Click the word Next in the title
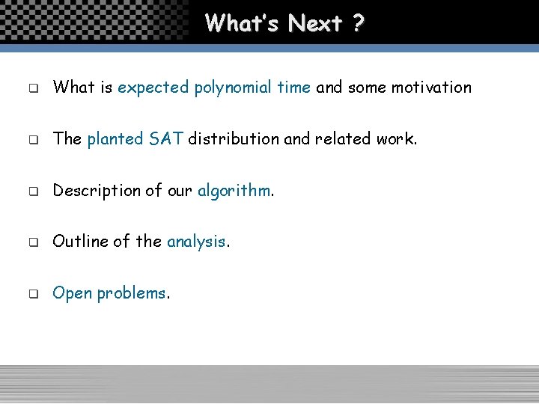pos(314,23)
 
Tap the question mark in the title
pos(357,23)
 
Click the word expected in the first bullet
pos(153,88)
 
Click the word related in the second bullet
pos(344,138)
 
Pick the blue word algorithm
pos(234,191)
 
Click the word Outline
pos(80,241)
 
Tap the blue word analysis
pos(196,242)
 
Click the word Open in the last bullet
pos(72,293)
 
